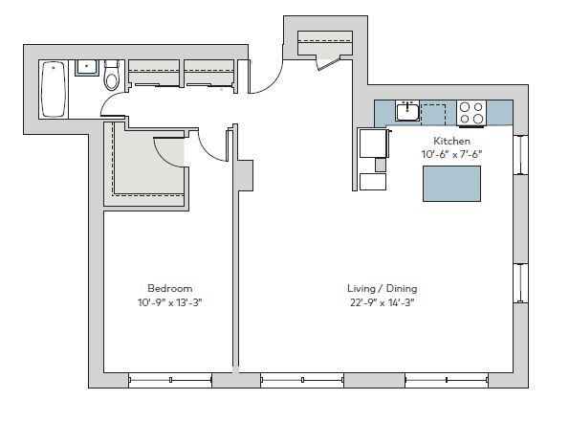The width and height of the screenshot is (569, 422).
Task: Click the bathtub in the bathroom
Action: pos(53,88)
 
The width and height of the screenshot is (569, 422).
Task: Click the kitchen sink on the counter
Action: pos(408,110)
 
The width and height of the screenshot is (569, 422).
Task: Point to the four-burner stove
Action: pos(471,112)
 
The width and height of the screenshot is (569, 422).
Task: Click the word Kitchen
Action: pos(452,141)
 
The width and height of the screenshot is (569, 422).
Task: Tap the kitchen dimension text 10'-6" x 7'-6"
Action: pos(452,154)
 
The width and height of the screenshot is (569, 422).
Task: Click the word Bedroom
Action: pos(169,288)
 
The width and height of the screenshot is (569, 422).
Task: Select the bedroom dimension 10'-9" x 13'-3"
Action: pos(169,302)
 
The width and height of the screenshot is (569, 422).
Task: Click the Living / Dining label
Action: pos(382,288)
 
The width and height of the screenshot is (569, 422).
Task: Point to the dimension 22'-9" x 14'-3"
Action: pos(382,302)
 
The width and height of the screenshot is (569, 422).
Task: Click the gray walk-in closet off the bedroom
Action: pos(143,167)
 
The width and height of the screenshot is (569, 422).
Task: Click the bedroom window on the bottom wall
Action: pos(169,380)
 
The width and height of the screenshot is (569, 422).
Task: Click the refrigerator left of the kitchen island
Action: pos(372,144)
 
